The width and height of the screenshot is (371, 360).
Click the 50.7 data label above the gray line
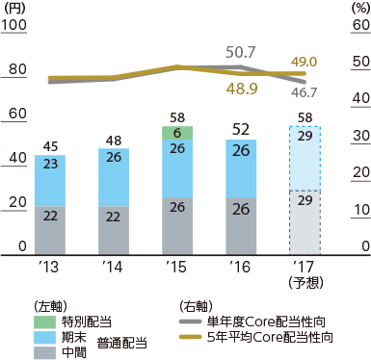click(240, 50)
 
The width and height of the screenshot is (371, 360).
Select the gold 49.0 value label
click(304, 61)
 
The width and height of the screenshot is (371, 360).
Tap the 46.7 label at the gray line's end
click(304, 93)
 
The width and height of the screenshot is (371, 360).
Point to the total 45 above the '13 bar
click(56, 146)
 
